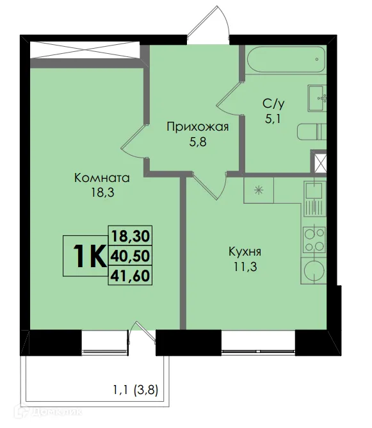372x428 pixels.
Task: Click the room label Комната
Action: (102, 177)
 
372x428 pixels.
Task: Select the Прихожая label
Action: (197, 126)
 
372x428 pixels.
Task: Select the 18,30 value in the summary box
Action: (130, 236)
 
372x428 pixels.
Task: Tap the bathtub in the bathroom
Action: (286, 60)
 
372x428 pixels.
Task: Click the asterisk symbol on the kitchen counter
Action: (259, 190)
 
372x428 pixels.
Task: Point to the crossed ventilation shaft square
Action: (319, 161)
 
